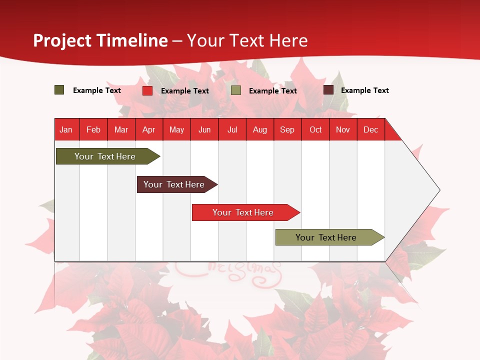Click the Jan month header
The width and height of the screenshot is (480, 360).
click(66, 129)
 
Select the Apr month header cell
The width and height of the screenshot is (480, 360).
click(148, 129)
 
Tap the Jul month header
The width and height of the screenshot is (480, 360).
click(232, 129)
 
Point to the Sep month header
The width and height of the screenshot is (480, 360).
click(287, 129)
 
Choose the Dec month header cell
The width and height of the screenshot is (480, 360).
click(370, 129)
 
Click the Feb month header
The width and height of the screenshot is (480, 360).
click(93, 129)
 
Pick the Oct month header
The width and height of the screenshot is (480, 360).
click(315, 129)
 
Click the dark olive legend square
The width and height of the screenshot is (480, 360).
click(59, 90)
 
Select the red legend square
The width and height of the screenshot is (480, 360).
click(147, 90)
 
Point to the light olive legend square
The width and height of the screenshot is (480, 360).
click(236, 90)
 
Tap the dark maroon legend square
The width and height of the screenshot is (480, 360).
click(328, 90)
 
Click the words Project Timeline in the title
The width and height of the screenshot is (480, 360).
click(100, 40)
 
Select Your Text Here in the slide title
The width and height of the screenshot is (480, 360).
click(247, 40)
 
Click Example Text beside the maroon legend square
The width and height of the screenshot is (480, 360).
click(364, 90)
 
